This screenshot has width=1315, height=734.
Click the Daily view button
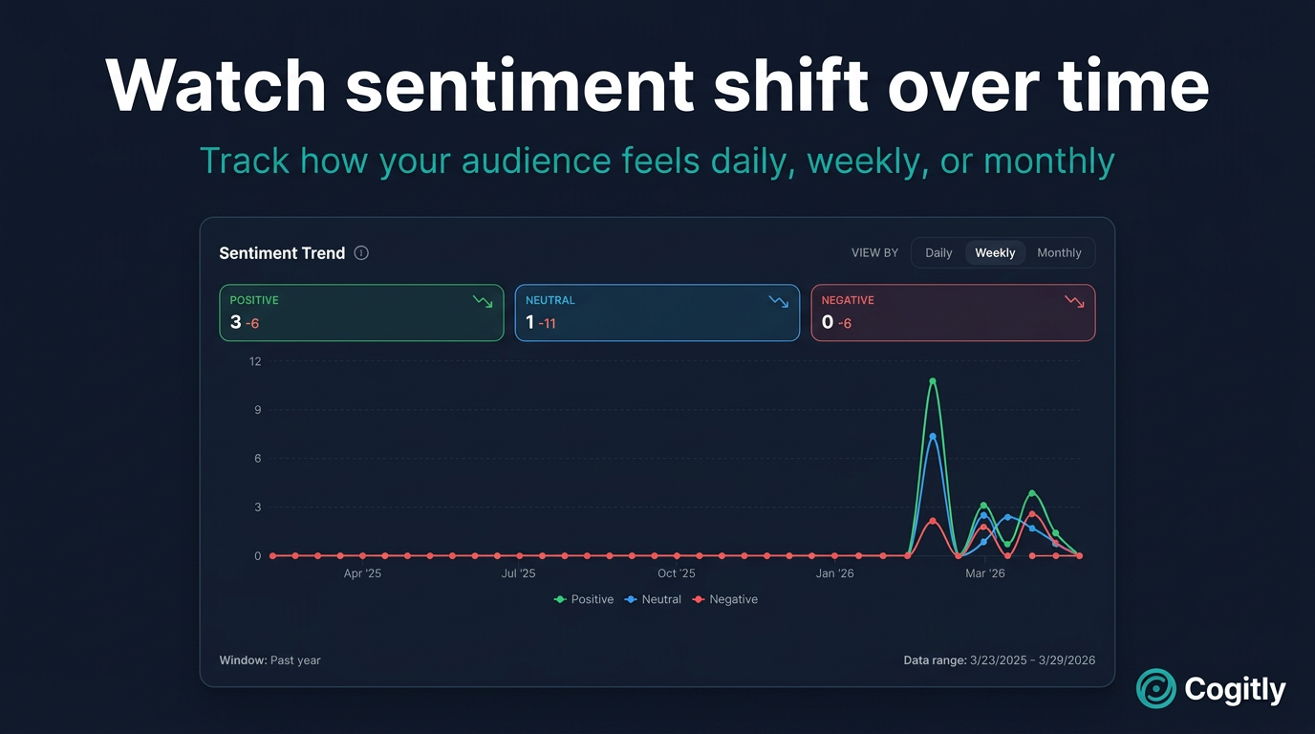tap(938, 253)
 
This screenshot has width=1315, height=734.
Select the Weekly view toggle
tap(995, 253)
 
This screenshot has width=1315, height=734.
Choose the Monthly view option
tap(1059, 253)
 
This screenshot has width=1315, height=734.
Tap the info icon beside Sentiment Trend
tap(361, 253)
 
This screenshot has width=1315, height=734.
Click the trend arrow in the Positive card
tap(483, 301)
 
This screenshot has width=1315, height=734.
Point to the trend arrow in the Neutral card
tap(779, 301)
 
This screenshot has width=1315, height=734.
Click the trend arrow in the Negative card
tap(1074, 301)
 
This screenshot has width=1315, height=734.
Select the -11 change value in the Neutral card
tap(547, 324)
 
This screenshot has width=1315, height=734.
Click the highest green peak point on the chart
tap(933, 381)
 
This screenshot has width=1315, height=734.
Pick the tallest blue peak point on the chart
tap(933, 437)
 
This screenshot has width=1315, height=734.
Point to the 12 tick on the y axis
tap(255, 361)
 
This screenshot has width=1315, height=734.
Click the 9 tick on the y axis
tap(257, 410)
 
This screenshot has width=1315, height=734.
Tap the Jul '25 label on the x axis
tap(518, 573)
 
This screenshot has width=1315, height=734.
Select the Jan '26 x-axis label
tap(834, 573)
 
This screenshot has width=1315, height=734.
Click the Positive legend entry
tap(584, 599)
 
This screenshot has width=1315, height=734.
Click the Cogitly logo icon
tap(1156, 688)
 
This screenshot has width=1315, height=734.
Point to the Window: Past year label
tap(269, 660)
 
